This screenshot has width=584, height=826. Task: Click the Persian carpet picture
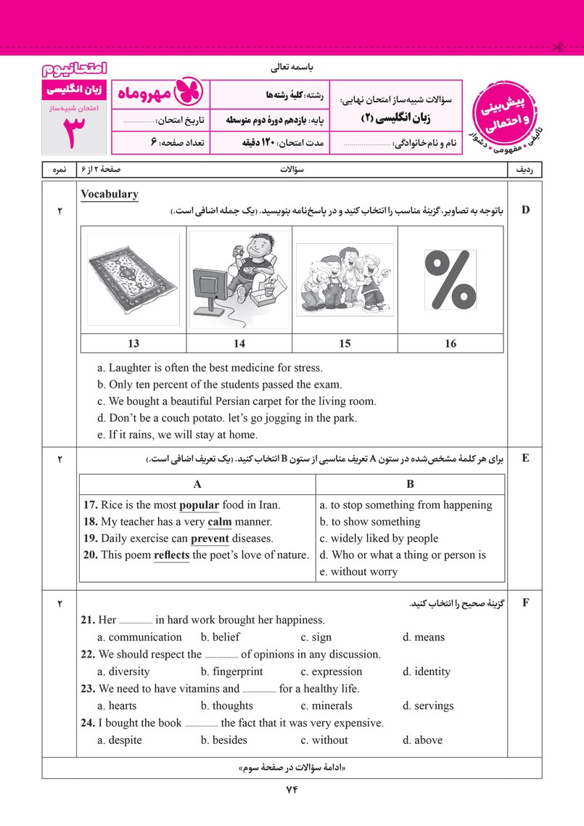[133, 279]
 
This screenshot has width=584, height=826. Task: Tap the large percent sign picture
[450, 279]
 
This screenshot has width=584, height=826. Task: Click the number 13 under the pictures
[133, 343]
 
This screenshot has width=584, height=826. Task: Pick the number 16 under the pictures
[451, 343]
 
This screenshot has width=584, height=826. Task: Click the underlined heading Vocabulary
[110, 195]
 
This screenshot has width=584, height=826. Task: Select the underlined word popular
[199, 505]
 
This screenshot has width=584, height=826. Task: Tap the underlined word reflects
[172, 555]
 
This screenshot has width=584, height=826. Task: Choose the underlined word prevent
[210, 539]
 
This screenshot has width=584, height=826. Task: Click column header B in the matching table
[410, 484]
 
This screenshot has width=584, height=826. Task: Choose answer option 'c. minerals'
[326, 706]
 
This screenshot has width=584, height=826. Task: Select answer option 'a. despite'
[120, 740]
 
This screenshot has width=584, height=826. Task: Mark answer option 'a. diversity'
[123, 671]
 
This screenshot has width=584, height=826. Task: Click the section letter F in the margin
[526, 602]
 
